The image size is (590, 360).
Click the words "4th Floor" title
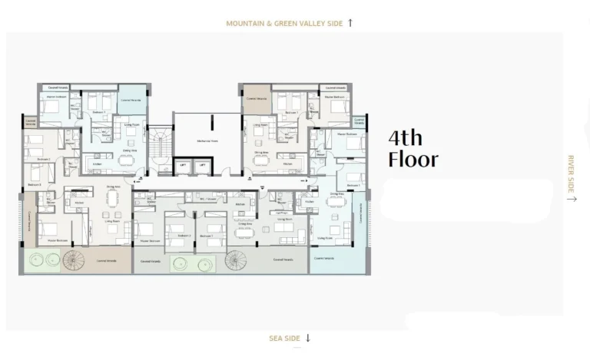(x=413, y=149)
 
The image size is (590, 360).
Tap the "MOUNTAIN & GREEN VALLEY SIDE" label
(x=283, y=24)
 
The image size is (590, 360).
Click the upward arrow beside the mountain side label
(x=350, y=23)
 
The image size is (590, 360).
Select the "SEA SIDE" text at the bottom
(x=284, y=338)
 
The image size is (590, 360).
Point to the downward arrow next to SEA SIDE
(x=308, y=338)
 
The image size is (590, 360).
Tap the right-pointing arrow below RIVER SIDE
(x=571, y=199)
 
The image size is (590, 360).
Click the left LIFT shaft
(x=184, y=165)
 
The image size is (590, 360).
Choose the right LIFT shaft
(x=202, y=165)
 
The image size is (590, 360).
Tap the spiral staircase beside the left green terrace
(x=75, y=260)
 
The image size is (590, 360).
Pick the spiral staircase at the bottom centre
(x=237, y=261)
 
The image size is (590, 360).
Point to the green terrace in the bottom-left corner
(x=43, y=261)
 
